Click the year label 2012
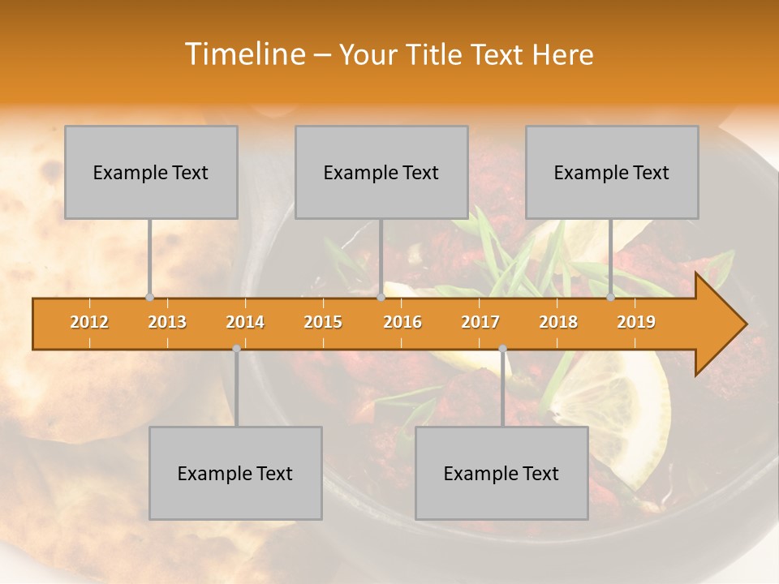pos(89,322)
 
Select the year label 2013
pos(167,322)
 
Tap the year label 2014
pos(245,322)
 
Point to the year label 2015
pos(323,322)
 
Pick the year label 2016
pos(402,322)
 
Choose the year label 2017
pos(480,322)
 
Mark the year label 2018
pos(558,322)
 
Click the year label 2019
pos(636,322)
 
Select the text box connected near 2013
pos(151,172)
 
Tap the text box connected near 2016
pos(381,172)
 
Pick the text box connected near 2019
pos(612,172)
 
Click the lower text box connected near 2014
pos(235,473)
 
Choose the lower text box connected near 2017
pos(501,473)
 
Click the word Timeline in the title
pos(243,54)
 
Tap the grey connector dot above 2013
pos(149,297)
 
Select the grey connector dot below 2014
pos(236,349)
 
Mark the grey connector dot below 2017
pos(502,349)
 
